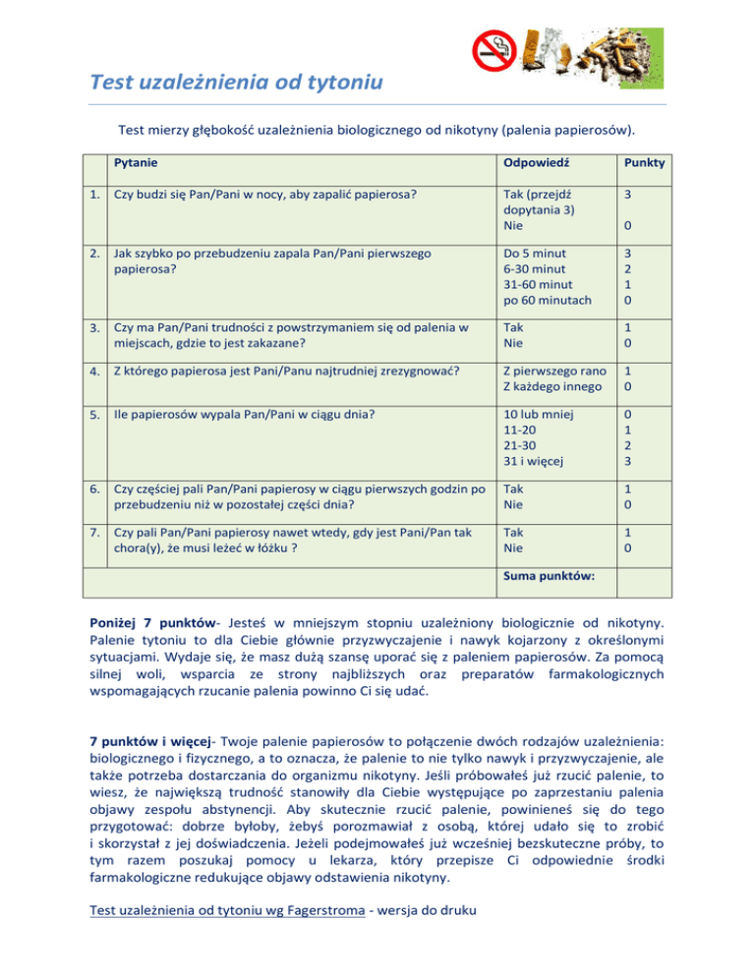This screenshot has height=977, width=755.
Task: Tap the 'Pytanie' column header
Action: click(137, 161)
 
